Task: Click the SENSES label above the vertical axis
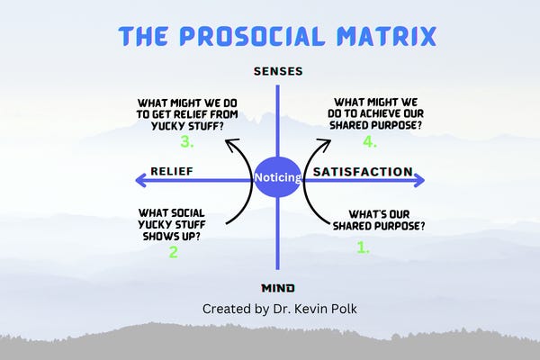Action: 278,70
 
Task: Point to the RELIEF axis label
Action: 173,171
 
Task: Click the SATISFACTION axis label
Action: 362,171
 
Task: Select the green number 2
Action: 173,253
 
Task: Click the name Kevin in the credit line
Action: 316,308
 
